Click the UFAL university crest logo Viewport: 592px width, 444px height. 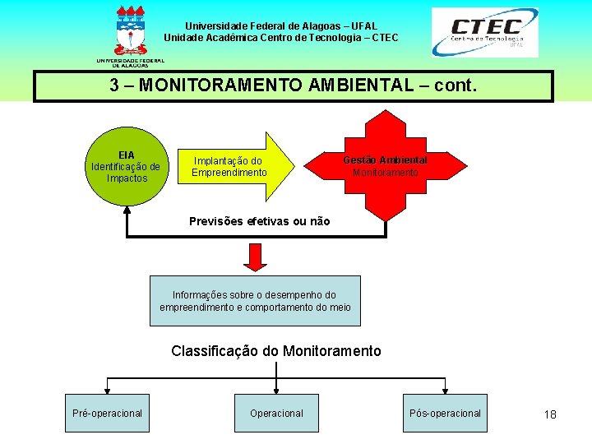[x=131, y=33]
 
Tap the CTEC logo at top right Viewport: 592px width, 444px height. [x=485, y=32]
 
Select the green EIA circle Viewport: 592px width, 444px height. [x=127, y=166]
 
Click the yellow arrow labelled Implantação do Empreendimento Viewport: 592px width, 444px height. [x=234, y=167]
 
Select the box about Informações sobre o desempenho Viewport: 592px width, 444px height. [x=255, y=301]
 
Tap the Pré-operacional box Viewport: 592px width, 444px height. [x=107, y=413]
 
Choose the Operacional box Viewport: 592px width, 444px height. [x=276, y=413]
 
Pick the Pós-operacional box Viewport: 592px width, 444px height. [x=445, y=413]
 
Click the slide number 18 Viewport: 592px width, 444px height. [x=550, y=414]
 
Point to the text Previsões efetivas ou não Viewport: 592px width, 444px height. [x=259, y=221]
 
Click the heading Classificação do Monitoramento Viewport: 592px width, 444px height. [x=276, y=351]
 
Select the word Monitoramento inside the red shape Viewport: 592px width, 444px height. [x=385, y=173]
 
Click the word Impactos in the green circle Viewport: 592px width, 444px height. [x=127, y=178]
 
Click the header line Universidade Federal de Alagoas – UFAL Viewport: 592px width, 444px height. [x=280, y=26]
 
